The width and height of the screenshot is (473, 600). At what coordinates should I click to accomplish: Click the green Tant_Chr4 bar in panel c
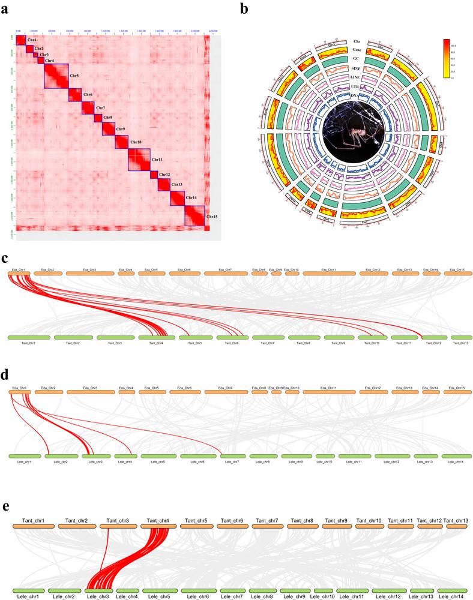[x=156, y=338]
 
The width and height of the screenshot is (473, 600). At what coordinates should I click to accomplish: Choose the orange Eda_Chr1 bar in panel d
[x=20, y=392]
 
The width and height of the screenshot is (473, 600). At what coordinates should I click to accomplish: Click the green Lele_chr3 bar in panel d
[x=96, y=457]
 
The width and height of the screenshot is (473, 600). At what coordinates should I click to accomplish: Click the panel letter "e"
[x=6, y=506]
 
